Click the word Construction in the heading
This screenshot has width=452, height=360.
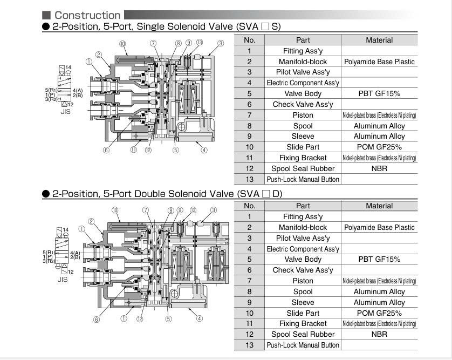(x=87, y=15)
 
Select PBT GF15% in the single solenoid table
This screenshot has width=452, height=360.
(x=379, y=93)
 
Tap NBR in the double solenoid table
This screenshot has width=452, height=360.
(x=379, y=334)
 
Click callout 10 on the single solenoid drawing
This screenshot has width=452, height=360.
(x=122, y=44)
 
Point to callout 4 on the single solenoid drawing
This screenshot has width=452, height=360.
(x=204, y=150)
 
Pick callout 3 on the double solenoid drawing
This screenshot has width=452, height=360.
(x=214, y=210)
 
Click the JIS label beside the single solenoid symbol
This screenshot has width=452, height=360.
(x=65, y=112)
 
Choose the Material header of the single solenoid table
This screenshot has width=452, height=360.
(x=379, y=40)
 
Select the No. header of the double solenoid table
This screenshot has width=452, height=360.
(x=249, y=206)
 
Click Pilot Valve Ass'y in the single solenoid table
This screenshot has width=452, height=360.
(x=303, y=72)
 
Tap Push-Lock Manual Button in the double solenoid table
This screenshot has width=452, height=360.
(x=303, y=345)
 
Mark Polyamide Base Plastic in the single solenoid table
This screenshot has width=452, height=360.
(x=379, y=62)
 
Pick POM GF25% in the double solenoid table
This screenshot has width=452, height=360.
(x=379, y=313)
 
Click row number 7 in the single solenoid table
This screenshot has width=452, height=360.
(x=249, y=115)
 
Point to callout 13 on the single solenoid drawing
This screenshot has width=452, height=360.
(x=199, y=43)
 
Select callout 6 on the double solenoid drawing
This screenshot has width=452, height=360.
(x=97, y=320)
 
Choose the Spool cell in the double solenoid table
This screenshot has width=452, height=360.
(x=303, y=291)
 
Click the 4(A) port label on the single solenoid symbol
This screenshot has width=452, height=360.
(x=78, y=90)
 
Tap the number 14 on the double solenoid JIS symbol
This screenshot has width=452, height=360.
(x=66, y=230)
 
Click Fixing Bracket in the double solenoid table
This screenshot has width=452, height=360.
(x=303, y=323)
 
